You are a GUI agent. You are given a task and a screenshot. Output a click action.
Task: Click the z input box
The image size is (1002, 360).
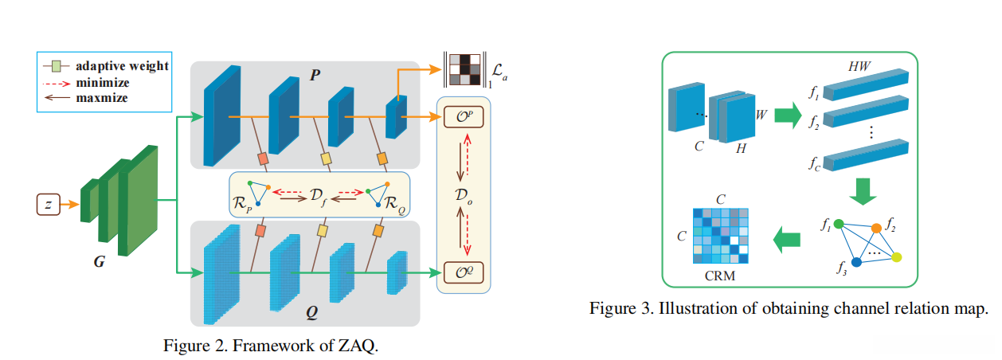click(49, 205)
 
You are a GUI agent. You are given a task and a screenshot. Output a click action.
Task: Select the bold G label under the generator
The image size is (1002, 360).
click(100, 261)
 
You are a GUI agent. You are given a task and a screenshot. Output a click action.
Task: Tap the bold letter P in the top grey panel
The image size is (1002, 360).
click(315, 75)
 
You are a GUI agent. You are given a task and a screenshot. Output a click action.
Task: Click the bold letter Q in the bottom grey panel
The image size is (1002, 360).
click(312, 312)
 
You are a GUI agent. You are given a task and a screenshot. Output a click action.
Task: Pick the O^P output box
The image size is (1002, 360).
click(464, 117)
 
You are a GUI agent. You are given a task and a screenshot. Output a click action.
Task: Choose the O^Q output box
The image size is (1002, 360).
click(464, 272)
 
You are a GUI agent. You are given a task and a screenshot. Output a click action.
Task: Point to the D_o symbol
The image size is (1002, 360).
click(464, 195)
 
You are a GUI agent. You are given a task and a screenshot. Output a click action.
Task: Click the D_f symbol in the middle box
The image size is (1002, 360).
click(318, 196)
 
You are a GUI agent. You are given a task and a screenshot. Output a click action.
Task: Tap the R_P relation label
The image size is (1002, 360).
click(242, 203)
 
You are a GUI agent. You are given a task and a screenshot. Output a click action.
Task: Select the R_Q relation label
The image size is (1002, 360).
click(394, 204)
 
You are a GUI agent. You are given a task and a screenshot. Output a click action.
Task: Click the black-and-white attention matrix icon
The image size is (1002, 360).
click(465, 70)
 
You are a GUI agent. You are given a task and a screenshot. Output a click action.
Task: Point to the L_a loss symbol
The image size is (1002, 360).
click(499, 72)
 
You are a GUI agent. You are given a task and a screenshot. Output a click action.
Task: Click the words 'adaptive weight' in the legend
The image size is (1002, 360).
click(122, 66)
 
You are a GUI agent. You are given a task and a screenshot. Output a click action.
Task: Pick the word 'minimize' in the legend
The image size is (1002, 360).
click(103, 83)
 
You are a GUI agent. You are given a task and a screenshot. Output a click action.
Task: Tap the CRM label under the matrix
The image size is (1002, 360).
click(720, 276)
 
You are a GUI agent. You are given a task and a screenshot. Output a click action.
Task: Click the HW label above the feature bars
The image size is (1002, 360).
click(859, 67)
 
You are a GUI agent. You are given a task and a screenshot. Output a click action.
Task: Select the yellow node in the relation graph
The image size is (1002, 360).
click(896, 257)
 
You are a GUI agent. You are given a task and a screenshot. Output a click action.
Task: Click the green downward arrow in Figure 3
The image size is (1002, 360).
click(863, 191)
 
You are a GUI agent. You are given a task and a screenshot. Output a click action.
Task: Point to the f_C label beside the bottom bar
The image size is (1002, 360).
click(814, 163)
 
